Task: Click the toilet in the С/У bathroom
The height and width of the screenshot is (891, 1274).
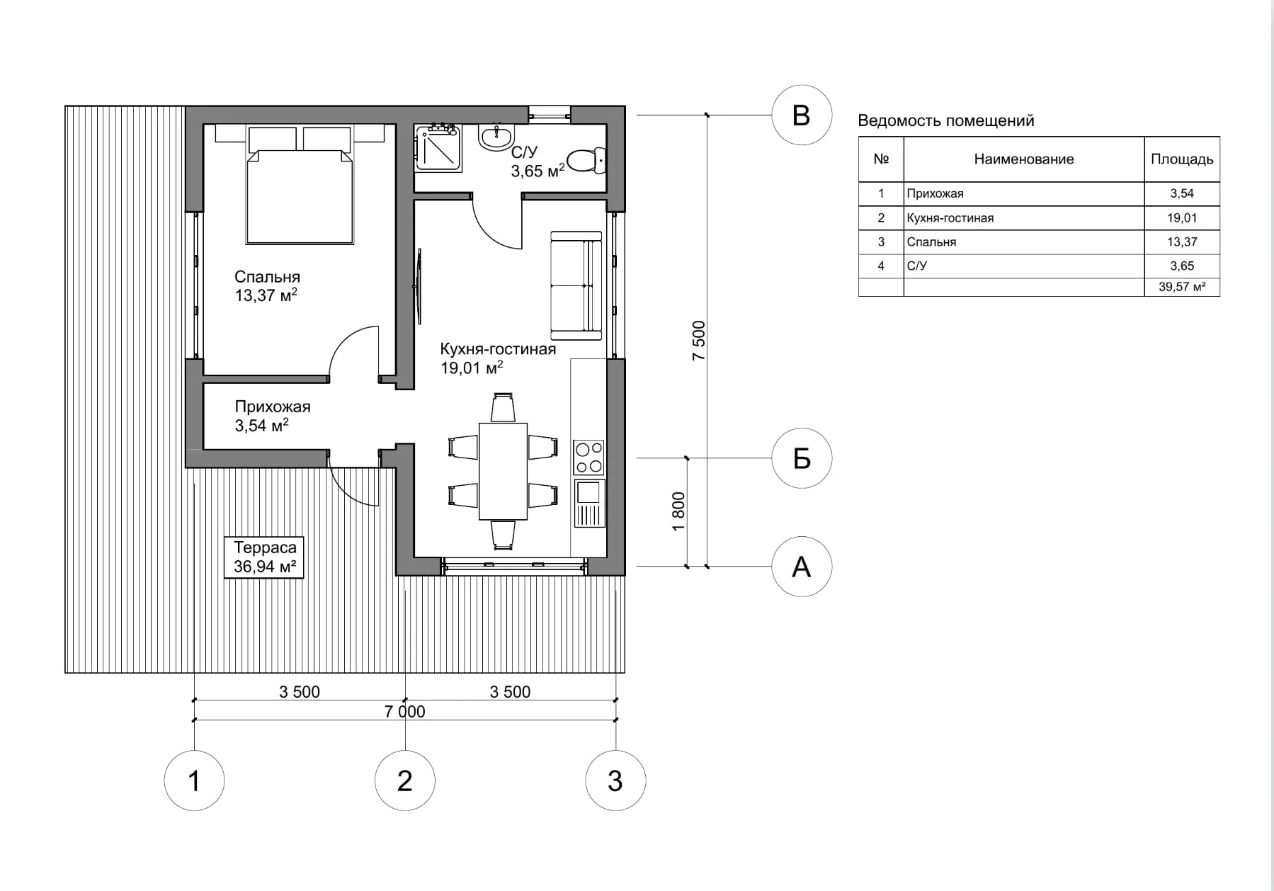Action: pos(586,161)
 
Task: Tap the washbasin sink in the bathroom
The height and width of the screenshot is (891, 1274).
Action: pos(496,136)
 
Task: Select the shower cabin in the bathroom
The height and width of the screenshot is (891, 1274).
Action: pos(438,148)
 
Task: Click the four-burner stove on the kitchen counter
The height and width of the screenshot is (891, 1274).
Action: pos(588,457)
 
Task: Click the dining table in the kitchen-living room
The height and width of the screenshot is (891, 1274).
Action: pos(503,471)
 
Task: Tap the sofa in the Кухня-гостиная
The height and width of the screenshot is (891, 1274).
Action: pos(576,285)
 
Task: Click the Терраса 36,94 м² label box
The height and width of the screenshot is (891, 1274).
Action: pos(264,557)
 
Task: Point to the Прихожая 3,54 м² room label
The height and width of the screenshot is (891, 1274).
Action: pos(272,416)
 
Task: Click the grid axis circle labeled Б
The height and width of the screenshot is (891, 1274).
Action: pos(801,458)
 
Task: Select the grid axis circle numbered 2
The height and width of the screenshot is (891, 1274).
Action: pos(404,781)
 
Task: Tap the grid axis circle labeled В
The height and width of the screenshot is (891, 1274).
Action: pos(801,115)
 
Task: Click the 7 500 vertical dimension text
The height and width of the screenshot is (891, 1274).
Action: pos(698,341)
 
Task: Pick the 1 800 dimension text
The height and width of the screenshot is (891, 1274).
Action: pos(678,511)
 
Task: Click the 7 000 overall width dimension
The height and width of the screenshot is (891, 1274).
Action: pos(404,711)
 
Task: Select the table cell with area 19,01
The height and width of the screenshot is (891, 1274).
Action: pos(1181,218)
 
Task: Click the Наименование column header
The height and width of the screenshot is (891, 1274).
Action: pos(1023,159)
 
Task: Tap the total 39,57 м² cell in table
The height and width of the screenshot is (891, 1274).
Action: pos(1181,287)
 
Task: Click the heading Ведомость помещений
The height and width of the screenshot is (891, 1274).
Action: pos(945,120)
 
